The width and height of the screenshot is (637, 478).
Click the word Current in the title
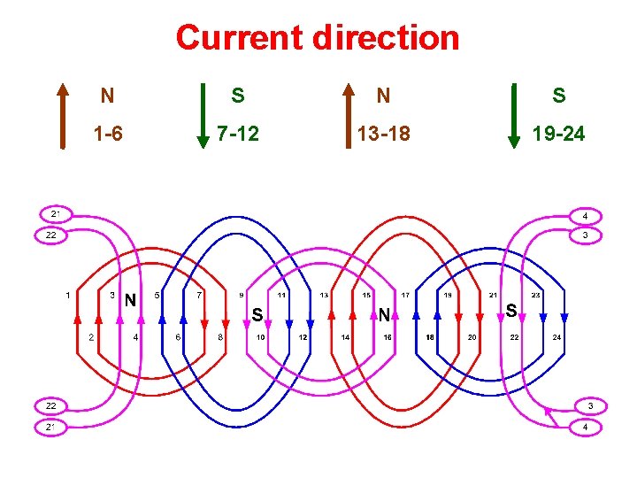tap(237, 38)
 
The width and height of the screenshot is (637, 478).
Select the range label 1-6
tap(108, 135)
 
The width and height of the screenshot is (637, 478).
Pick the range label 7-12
tap(238, 135)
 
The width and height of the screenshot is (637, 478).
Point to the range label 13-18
tap(383, 135)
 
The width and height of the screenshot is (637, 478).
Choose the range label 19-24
tap(557, 135)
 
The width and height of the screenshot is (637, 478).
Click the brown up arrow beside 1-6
tap(64, 116)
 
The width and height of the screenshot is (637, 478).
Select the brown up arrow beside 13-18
tap(348, 116)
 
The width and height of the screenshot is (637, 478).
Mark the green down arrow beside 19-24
tap(515, 116)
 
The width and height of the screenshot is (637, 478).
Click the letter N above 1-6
tap(106, 95)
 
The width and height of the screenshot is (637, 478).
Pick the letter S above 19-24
tap(558, 95)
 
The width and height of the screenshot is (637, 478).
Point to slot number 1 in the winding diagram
tap(69, 295)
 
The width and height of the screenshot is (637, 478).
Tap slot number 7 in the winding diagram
tap(199, 295)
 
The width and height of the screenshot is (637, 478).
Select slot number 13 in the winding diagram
tap(325, 295)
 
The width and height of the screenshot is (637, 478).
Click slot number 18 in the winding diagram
tap(430, 337)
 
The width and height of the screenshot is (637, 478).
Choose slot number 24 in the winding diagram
tap(556, 337)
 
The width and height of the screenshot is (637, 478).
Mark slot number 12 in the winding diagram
tap(303, 337)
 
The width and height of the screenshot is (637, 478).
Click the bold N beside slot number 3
tap(129, 300)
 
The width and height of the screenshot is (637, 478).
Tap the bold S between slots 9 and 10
tap(257, 313)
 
